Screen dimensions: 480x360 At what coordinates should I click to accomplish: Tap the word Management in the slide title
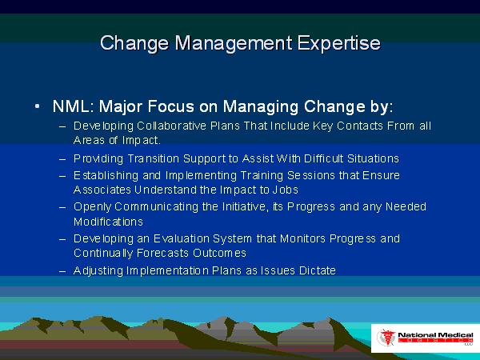[234, 43]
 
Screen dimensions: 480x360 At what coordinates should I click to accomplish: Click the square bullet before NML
[37, 106]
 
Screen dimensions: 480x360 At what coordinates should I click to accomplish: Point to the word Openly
[92, 207]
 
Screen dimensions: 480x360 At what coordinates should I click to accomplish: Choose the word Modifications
[108, 222]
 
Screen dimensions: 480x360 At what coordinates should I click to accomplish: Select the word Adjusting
[98, 270]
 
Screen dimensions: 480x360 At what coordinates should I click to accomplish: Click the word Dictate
[318, 270]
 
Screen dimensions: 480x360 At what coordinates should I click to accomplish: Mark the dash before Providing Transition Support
[62, 159]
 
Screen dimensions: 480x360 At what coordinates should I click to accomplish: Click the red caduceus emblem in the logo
[386, 338]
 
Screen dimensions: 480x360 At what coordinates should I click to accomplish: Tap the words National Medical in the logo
[435, 335]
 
